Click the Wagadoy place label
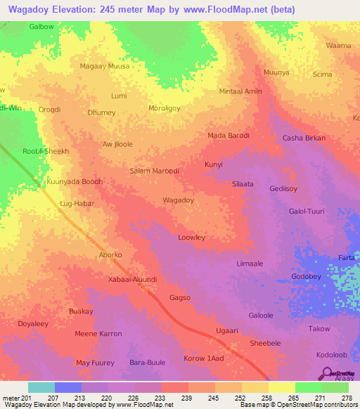coord(178,200)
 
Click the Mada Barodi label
coord(229,135)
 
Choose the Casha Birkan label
coord(304,138)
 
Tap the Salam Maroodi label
coord(155,171)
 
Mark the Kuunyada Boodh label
coord(75,181)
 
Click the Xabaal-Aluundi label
coord(133,279)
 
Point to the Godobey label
coord(306,276)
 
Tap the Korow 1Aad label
coord(203,359)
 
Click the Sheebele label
coord(265,343)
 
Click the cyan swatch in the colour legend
coord(41,387)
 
